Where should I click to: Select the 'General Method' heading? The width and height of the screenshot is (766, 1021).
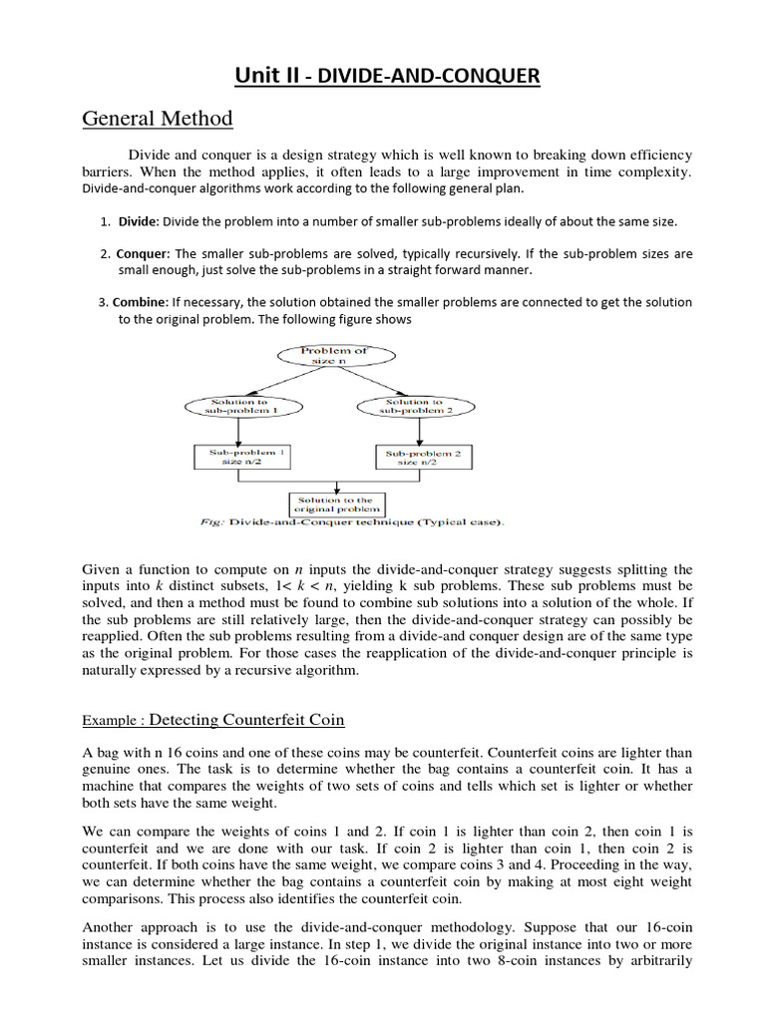pos(157,119)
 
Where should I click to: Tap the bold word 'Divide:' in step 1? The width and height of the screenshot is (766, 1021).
pos(139,220)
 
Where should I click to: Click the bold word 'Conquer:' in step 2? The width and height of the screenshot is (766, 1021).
pos(143,253)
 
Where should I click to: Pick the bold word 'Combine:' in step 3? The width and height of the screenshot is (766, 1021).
pos(141,302)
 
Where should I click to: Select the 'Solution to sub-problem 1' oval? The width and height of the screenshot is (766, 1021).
pos(235,407)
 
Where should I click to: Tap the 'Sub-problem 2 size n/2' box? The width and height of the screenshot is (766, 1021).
pos(423,458)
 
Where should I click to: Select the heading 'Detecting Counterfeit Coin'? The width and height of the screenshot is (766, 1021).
pos(247,719)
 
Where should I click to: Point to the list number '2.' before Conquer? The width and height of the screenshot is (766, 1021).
pos(105,253)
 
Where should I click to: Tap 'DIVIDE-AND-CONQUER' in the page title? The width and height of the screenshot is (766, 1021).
pos(429,76)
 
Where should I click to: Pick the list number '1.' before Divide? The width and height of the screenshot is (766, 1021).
pos(106,220)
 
